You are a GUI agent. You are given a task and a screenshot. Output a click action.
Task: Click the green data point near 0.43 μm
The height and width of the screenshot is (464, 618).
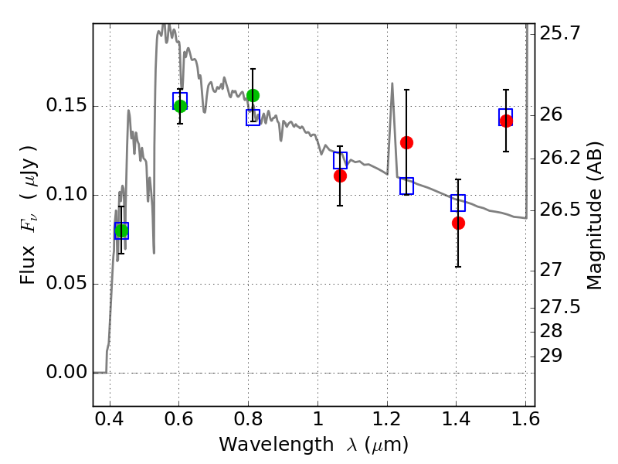click(121, 231)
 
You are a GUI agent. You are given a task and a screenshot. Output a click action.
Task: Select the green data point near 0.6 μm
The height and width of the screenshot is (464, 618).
click(180, 106)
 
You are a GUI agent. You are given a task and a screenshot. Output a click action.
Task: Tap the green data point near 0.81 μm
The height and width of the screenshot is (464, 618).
click(253, 95)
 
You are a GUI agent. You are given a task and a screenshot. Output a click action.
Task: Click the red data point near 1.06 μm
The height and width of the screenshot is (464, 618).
click(340, 176)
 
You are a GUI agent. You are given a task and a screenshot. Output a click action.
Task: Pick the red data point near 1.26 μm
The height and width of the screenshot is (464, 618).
click(406, 142)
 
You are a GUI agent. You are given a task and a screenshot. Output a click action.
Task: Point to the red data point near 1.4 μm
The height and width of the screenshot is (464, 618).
click(458, 223)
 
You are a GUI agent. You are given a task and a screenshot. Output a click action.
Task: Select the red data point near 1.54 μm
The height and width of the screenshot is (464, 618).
click(506, 121)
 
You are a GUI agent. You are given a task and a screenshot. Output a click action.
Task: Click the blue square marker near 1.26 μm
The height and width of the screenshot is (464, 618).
click(406, 186)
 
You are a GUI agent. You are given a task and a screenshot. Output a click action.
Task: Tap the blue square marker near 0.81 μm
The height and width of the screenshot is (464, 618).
click(253, 118)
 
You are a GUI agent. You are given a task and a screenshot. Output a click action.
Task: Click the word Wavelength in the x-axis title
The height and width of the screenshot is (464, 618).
click(262, 445)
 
